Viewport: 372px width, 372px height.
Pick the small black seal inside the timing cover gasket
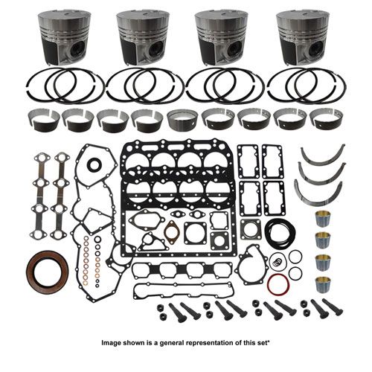[x=94, y=164]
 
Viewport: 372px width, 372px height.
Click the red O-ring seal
[x=278, y=284]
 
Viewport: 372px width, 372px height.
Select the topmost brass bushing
[x=322, y=219]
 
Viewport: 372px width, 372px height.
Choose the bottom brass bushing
[x=323, y=284]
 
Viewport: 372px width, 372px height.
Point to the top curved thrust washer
[x=323, y=152]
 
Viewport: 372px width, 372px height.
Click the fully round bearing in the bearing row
[x=183, y=121]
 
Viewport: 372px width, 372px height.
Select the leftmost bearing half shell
[x=43, y=121]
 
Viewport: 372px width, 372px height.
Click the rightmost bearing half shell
[x=326, y=121]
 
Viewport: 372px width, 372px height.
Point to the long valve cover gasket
[x=184, y=292]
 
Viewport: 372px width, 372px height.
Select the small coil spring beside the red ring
[x=276, y=263]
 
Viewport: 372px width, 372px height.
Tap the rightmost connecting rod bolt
[x=333, y=307]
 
